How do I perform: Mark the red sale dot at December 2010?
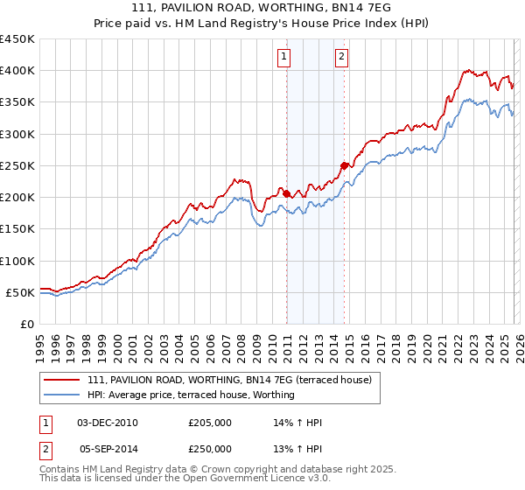pos(286,193)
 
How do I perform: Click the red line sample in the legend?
pos(63,380)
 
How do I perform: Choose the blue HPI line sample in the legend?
pos(63,395)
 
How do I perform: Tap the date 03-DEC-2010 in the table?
pos(108,423)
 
